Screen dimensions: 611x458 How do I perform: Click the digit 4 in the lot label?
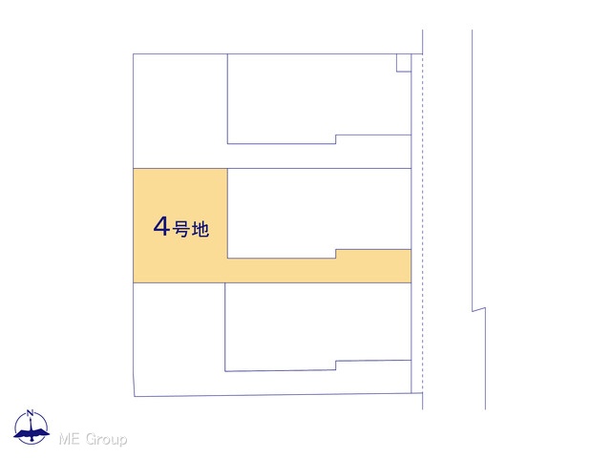click(x=161, y=227)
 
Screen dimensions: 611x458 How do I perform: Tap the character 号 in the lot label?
click(x=181, y=229)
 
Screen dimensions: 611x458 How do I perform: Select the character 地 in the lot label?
click(x=200, y=229)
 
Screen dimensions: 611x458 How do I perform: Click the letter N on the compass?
click(x=31, y=413)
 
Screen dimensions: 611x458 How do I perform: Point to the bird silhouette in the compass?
click(x=32, y=433)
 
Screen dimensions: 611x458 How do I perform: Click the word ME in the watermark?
click(x=70, y=439)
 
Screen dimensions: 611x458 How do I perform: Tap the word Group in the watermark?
click(x=106, y=440)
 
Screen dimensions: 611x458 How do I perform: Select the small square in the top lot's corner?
click(x=404, y=63)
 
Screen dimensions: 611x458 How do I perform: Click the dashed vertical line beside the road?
click(x=423, y=223)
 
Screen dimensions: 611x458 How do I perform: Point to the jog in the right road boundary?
click(x=479, y=309)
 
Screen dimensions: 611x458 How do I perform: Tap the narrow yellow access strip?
click(x=319, y=270)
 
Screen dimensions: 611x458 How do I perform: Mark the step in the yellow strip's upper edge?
click(x=336, y=254)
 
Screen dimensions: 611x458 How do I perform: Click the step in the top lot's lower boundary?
click(x=335, y=139)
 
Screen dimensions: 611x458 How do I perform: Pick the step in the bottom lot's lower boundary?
click(x=335, y=365)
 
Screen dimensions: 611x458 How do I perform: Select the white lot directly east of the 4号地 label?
click(x=319, y=210)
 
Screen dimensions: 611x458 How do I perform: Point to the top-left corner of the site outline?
click(x=134, y=54)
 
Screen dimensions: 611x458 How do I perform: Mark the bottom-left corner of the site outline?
click(x=135, y=397)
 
